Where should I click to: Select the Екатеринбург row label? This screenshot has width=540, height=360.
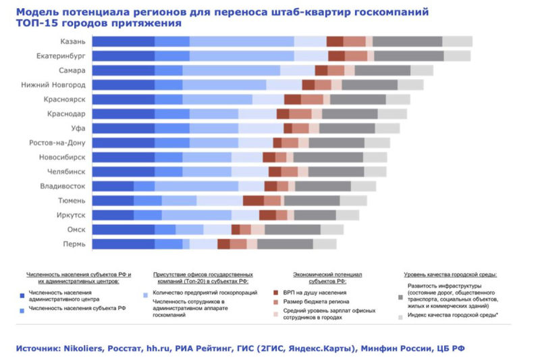(x=61, y=56)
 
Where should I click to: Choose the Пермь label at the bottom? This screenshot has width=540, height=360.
(x=74, y=244)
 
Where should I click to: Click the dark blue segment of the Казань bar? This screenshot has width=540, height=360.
(x=124, y=42)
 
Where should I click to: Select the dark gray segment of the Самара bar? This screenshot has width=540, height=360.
(x=382, y=70)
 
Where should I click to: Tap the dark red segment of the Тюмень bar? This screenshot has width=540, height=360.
(x=253, y=201)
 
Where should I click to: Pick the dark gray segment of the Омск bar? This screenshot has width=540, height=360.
(x=292, y=230)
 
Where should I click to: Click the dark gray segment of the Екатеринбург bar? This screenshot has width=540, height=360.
(x=408, y=56)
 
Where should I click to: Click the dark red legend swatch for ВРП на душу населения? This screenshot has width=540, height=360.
(x=277, y=293)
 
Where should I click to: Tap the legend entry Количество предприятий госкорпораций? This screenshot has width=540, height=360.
(x=201, y=294)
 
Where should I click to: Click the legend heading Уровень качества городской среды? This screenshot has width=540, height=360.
(x=450, y=275)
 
